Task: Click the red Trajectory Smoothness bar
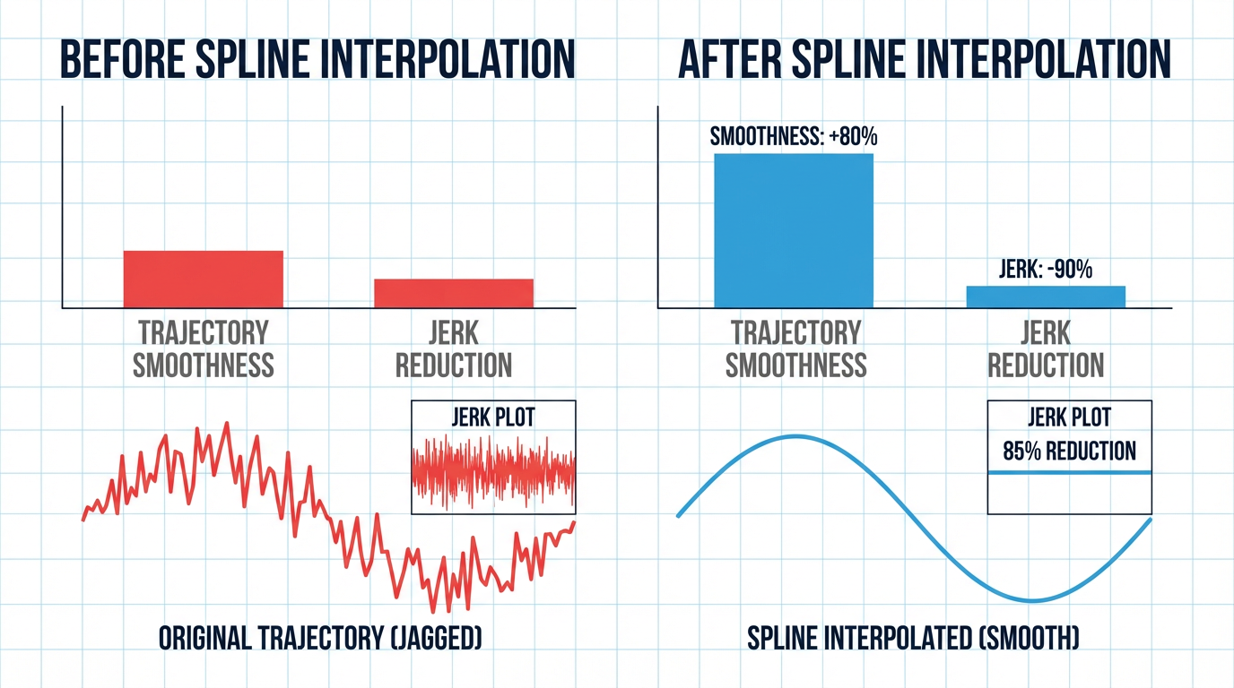point(203,279)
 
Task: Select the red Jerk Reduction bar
point(453,293)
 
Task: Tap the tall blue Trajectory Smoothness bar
point(793,230)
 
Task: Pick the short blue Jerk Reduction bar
point(1045,297)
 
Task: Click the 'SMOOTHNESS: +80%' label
point(793,138)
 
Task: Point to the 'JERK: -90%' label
point(1045,269)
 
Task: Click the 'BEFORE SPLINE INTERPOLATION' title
point(316,59)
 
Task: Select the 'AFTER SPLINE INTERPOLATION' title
point(925,59)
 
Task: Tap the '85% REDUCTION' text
point(1069,451)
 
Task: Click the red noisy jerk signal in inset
point(492,470)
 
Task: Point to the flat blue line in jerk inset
point(1069,472)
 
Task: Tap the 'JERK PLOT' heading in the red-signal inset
point(492,417)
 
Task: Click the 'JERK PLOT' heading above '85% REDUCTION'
point(1069,417)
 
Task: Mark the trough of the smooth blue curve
point(1033,599)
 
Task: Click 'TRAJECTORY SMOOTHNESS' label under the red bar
point(203,348)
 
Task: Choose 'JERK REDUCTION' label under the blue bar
point(1045,348)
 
